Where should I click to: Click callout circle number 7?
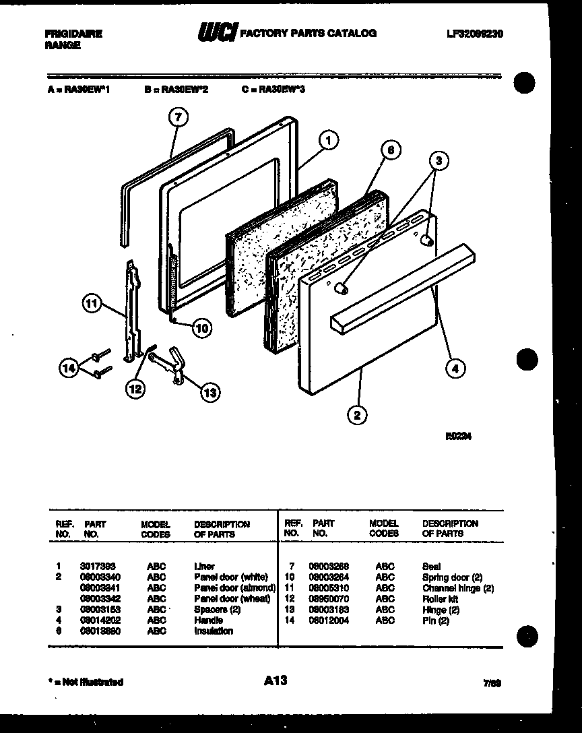click(176, 117)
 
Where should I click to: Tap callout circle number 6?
click(389, 150)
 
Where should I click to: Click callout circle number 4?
click(455, 368)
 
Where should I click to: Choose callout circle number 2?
click(356, 415)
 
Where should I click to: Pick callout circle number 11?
click(92, 304)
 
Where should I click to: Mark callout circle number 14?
click(69, 368)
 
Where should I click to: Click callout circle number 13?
click(210, 391)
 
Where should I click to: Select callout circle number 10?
click(201, 328)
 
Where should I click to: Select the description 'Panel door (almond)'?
click(234, 588)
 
